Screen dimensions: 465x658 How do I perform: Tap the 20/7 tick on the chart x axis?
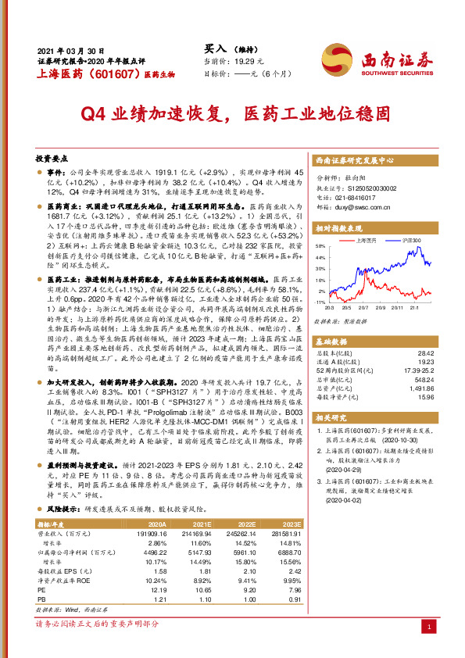364,308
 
